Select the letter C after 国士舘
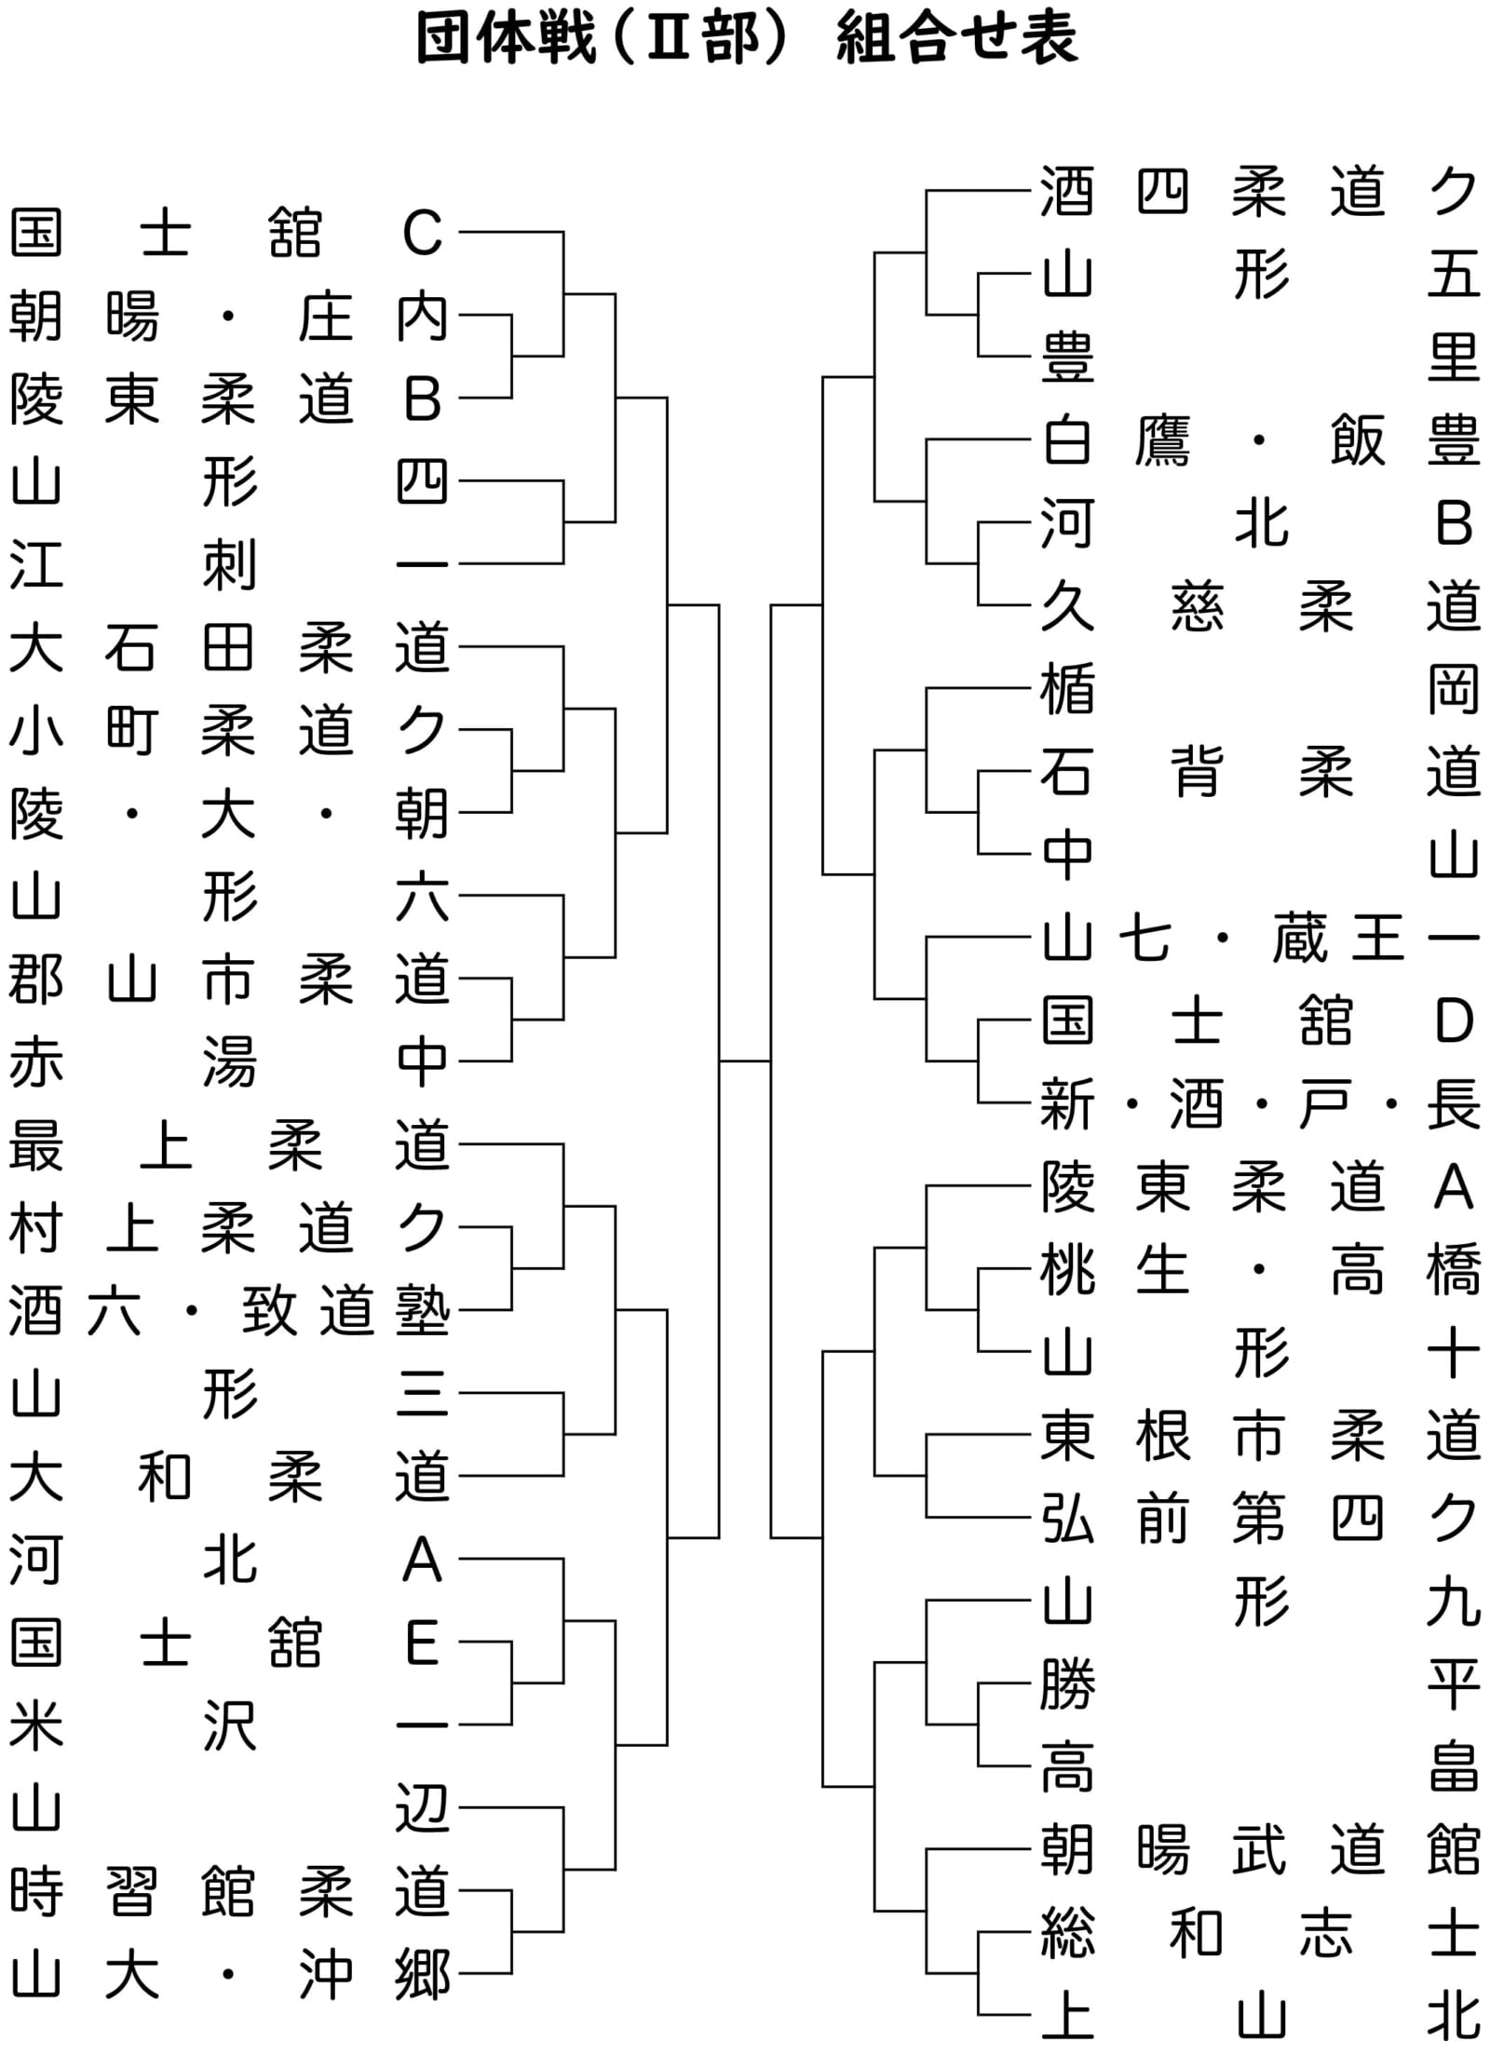click(422, 233)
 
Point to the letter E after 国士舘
click(422, 1643)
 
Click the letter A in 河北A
click(422, 1560)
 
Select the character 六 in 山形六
click(422, 897)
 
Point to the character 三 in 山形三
click(422, 1394)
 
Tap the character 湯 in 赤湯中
click(229, 1062)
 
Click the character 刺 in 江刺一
click(229, 565)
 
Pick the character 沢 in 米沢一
click(229, 1725)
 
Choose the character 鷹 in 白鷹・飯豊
click(1163, 441)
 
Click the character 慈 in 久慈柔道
click(1197, 606)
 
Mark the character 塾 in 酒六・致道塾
click(423, 1311)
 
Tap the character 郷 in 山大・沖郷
click(423, 1974)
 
